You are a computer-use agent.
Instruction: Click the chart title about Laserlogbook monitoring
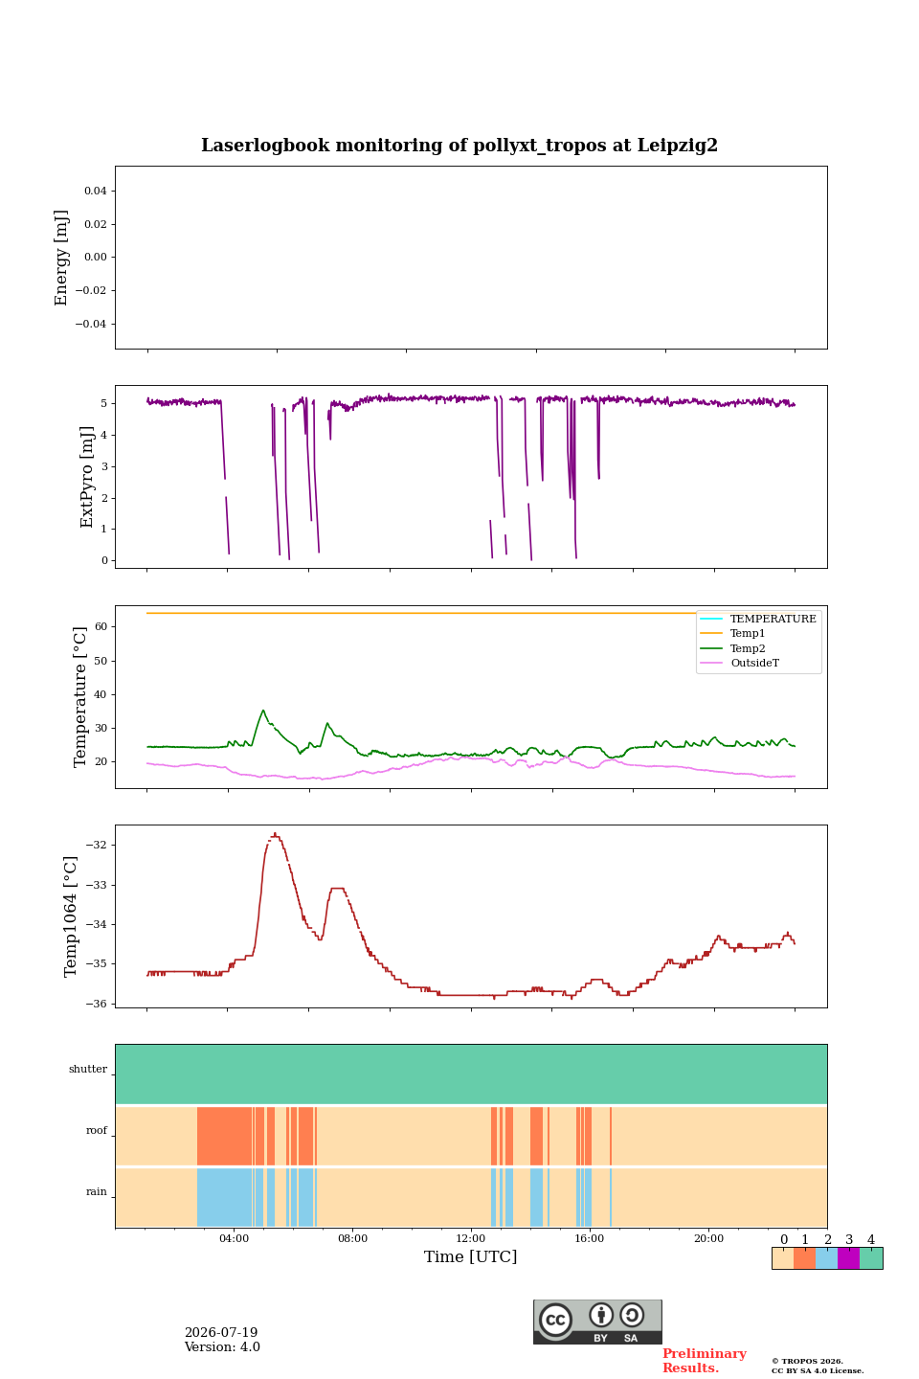point(459,146)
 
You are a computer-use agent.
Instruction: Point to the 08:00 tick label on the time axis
point(352,1238)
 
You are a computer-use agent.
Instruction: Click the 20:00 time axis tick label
point(708,1238)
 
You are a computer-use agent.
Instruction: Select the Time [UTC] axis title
point(470,1256)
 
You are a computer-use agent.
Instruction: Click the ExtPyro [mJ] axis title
point(87,477)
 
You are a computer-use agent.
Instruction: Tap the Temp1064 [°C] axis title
point(70,916)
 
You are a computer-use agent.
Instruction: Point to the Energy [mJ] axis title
point(61,258)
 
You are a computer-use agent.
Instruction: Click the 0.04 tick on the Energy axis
point(96,191)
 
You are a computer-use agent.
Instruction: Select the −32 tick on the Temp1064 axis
point(96,845)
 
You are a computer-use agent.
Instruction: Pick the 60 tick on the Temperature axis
point(101,626)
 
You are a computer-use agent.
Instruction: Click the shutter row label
point(88,1070)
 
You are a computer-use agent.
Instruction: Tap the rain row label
point(96,1192)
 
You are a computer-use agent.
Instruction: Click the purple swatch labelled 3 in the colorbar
point(848,1258)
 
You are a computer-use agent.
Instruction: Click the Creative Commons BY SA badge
point(597,1322)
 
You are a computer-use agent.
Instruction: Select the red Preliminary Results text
point(705,1361)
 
